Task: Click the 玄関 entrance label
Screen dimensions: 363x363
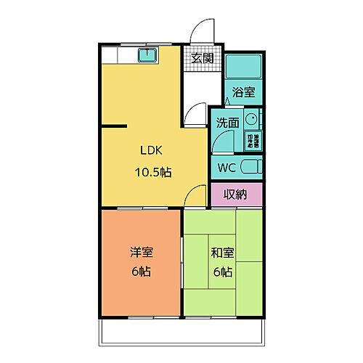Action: click(203, 59)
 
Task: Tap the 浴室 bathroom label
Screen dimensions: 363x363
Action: click(243, 91)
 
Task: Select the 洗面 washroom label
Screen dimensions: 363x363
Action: click(227, 123)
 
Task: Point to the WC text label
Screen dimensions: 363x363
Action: click(227, 166)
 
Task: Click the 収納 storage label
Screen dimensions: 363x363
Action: click(236, 194)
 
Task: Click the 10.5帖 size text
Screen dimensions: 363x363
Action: click(152, 173)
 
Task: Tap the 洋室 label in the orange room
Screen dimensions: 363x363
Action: click(142, 253)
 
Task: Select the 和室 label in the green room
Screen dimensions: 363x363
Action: click(221, 253)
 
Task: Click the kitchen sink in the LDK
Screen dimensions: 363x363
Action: click(151, 55)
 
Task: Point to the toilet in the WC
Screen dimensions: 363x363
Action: click(250, 166)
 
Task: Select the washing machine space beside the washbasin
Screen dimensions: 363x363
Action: click(258, 139)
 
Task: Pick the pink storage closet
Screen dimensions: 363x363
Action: click(237, 194)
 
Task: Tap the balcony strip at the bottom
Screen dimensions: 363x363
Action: click(181, 333)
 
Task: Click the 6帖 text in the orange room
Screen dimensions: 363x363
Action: click(142, 273)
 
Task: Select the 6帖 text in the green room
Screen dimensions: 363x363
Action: click(222, 273)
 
